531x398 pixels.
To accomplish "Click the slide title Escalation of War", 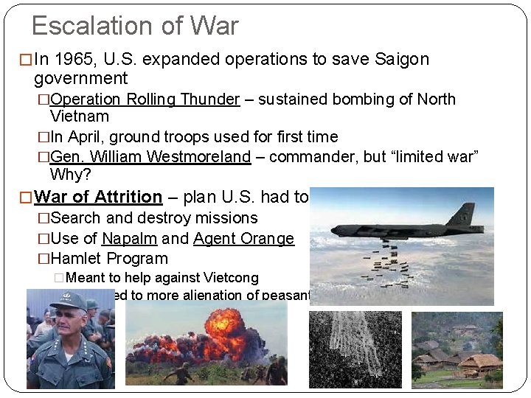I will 135,27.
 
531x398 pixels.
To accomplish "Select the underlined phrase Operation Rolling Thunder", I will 145,99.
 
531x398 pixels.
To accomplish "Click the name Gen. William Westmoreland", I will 150,156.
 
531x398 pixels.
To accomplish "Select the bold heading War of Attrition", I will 98,198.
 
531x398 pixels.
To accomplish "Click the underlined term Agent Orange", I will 243,239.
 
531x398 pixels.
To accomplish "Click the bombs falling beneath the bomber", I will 395,265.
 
